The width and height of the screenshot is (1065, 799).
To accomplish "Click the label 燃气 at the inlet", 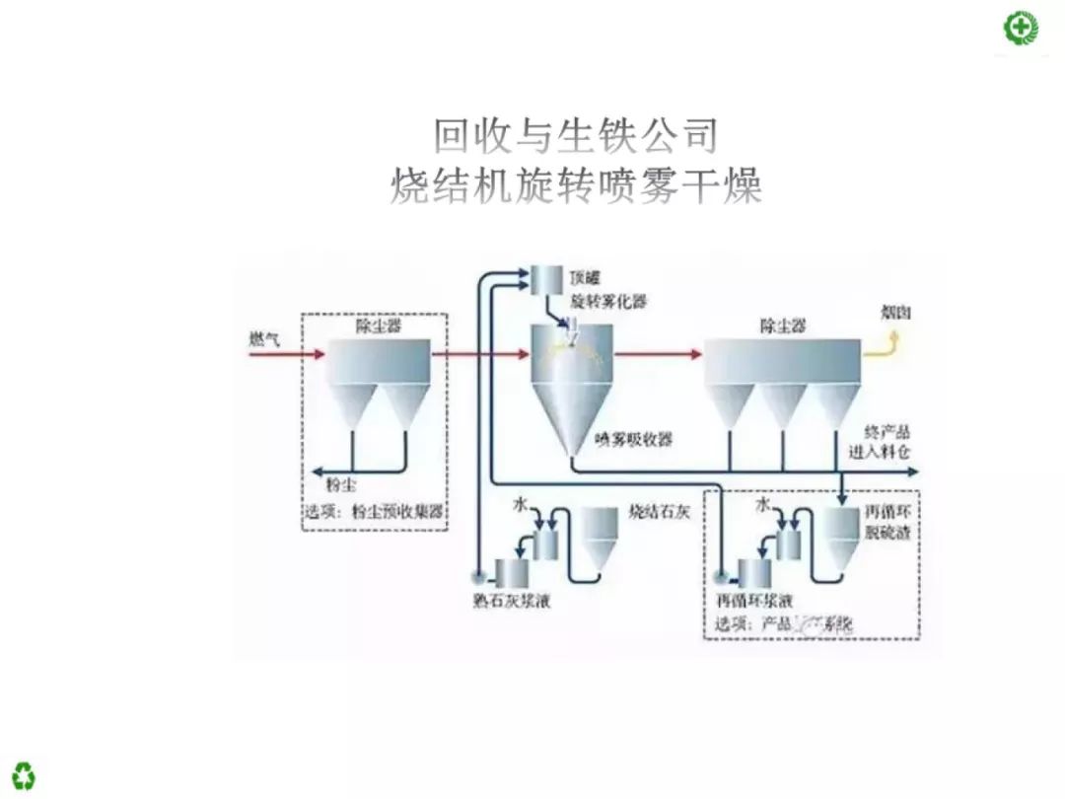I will point(264,338).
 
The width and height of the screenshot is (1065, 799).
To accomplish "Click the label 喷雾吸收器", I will point(634,439).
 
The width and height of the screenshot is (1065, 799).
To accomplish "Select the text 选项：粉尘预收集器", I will point(374,511).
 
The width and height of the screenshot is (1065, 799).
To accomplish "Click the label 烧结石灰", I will point(655,513).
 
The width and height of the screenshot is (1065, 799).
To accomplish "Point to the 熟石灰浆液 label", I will point(512,600).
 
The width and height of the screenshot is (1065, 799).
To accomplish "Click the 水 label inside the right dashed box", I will point(761,504).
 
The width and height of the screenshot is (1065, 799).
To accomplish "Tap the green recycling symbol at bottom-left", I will point(23,774).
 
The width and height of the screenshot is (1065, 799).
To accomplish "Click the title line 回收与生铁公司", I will point(576,135).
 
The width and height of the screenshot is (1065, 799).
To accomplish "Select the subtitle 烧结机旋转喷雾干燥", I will point(576,184).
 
